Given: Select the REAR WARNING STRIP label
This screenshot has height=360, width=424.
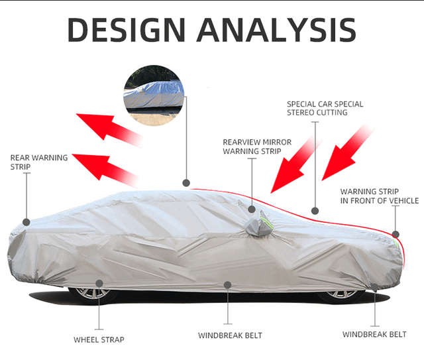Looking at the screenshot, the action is [x=38, y=162].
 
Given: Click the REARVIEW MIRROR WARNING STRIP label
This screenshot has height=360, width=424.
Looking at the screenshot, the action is [x=256, y=147].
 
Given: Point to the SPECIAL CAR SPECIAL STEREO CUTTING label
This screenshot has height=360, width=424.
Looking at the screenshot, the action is [x=325, y=108].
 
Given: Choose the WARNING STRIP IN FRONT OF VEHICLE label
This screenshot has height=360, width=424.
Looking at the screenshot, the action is [x=379, y=196].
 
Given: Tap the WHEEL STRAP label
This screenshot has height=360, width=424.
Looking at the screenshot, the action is [x=99, y=339].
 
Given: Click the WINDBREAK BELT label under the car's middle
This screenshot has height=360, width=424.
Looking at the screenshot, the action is [x=230, y=335].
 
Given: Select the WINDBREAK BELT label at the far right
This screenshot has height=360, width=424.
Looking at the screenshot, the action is [x=374, y=334].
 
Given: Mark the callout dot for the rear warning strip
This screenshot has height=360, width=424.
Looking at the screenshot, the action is [x=26, y=222].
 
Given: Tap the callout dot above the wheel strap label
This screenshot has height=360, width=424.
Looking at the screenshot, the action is [x=99, y=283].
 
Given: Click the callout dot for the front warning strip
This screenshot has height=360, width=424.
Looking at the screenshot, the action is [x=396, y=234].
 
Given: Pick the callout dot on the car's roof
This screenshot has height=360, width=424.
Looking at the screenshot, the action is [x=186, y=182].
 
